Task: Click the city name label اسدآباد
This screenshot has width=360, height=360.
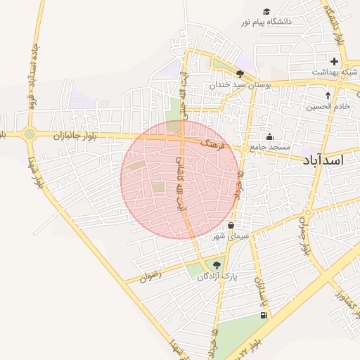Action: [324, 160]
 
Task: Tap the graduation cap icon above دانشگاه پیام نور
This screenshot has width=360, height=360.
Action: [266, 11]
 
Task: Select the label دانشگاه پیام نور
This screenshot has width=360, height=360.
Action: [266, 22]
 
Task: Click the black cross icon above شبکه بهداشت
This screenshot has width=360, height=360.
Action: [335, 61]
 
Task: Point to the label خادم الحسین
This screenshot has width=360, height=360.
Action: [327, 107]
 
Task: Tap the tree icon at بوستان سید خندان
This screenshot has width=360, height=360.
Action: [240, 74]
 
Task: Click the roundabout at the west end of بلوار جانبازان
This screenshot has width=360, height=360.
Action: [29, 134]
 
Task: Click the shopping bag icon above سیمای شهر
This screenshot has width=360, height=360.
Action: [231, 225]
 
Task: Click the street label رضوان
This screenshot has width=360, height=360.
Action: [150, 276]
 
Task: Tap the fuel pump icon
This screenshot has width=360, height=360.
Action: [264, 314]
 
